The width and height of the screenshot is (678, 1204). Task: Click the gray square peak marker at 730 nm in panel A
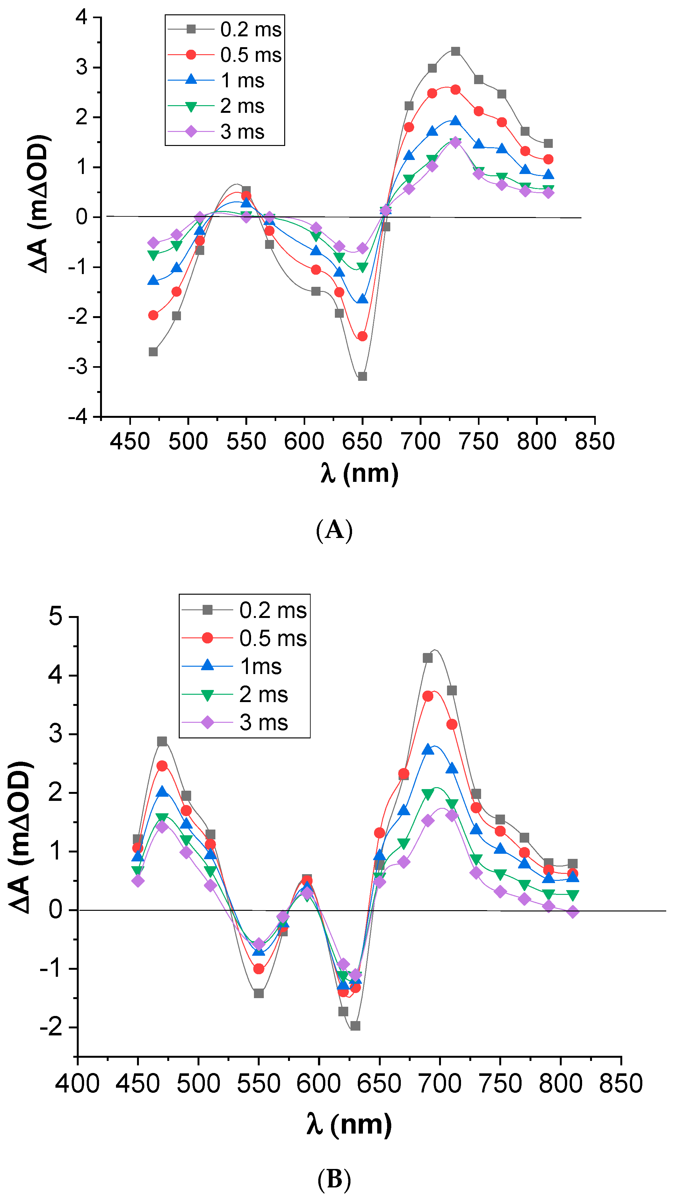(456, 51)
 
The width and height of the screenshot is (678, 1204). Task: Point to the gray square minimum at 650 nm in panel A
(363, 376)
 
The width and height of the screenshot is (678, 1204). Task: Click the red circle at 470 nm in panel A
(153, 316)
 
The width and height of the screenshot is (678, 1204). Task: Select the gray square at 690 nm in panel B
(428, 658)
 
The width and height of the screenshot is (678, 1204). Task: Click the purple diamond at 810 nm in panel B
(573, 912)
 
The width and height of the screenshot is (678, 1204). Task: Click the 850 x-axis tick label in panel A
(595, 442)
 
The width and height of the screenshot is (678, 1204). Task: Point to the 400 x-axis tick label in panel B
(77, 1084)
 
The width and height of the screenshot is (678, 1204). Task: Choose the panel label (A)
(334, 530)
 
